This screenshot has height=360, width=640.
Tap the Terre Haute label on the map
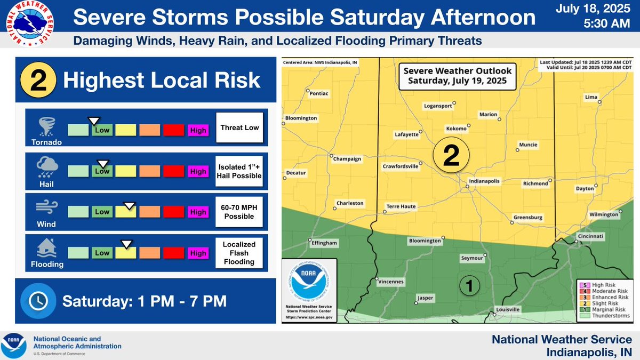[401, 206]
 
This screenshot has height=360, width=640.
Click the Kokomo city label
[456, 129]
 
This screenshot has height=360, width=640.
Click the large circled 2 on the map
[451, 155]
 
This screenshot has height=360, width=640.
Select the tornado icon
[44, 126]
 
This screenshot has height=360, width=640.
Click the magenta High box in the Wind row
[198, 212]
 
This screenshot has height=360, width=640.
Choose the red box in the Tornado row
[173, 130]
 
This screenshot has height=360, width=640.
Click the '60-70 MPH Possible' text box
[239, 212]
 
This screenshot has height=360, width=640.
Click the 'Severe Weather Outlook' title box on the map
[457, 76]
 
